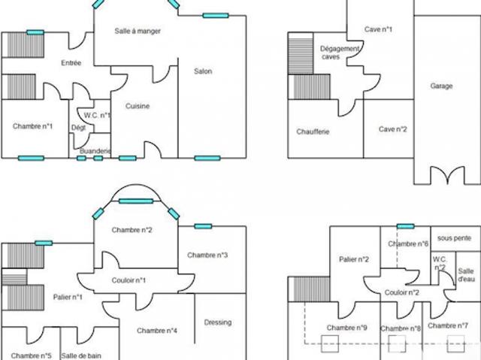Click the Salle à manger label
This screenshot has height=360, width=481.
pyautogui.click(x=138, y=31)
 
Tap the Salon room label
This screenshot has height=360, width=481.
pyautogui.click(x=203, y=71)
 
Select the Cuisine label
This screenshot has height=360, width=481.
pyautogui.click(x=138, y=106)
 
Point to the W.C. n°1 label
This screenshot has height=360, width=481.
pyautogui.click(x=97, y=115)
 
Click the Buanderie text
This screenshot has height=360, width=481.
pyautogui.click(x=95, y=151)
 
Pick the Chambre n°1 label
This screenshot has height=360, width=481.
pyautogui.click(x=32, y=126)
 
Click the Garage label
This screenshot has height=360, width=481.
pyautogui.click(x=441, y=86)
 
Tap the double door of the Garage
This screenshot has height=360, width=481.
pyautogui.click(x=448, y=174)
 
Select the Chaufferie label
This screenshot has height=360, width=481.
pyautogui.click(x=313, y=132)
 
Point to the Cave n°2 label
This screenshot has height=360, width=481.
pyautogui.click(x=392, y=129)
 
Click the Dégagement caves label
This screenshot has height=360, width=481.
pyautogui.click(x=340, y=53)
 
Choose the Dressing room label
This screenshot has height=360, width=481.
pyautogui.click(x=218, y=322)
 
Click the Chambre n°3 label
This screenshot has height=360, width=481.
pyautogui.click(x=207, y=255)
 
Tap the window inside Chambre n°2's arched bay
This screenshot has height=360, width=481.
pyautogui.click(x=136, y=201)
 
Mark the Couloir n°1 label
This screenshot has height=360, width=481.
pyautogui.click(x=129, y=280)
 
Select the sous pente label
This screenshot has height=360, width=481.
pyautogui.click(x=454, y=238)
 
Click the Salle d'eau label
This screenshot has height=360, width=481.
pyautogui.click(x=466, y=275)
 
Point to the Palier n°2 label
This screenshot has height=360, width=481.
pyautogui.click(x=354, y=259)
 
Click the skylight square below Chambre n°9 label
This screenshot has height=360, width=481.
pyautogui.click(x=330, y=343)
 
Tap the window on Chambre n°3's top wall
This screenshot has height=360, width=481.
pyautogui.click(x=203, y=226)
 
